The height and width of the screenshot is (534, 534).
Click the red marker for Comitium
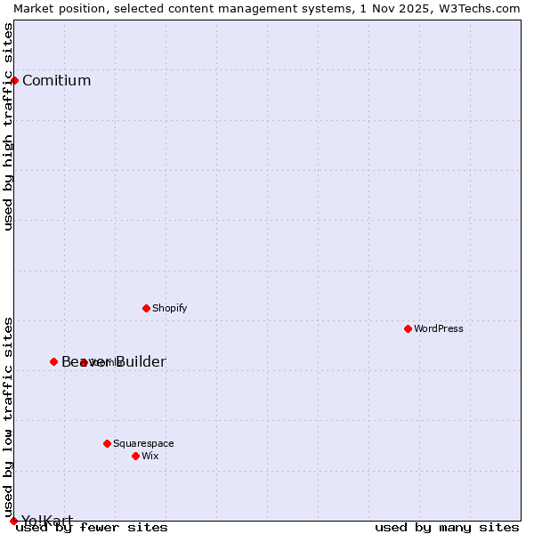coord(14,80)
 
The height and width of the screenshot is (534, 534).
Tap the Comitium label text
coord(56,81)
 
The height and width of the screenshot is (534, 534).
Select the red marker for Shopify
coord(146,308)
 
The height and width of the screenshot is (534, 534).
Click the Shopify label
coord(169,309)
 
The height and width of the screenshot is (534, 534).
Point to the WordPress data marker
coord(408,328)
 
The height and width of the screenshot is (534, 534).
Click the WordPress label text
coord(439,329)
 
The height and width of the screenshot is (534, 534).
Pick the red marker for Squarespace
coord(107,443)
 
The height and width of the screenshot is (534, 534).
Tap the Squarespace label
coord(143,444)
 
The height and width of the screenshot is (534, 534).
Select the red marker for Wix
coord(135,456)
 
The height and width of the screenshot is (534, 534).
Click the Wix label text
coord(150,457)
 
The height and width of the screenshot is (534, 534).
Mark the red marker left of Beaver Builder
coord(53,361)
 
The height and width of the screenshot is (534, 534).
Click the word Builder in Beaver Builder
coord(138,362)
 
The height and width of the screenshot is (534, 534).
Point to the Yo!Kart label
coord(47,521)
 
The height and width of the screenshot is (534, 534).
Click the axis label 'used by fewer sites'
coord(92,528)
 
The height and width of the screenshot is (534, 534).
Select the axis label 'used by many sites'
coord(447,528)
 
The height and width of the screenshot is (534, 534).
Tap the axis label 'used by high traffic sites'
coord(9,126)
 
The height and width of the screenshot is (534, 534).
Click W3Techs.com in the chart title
coord(478,8)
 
